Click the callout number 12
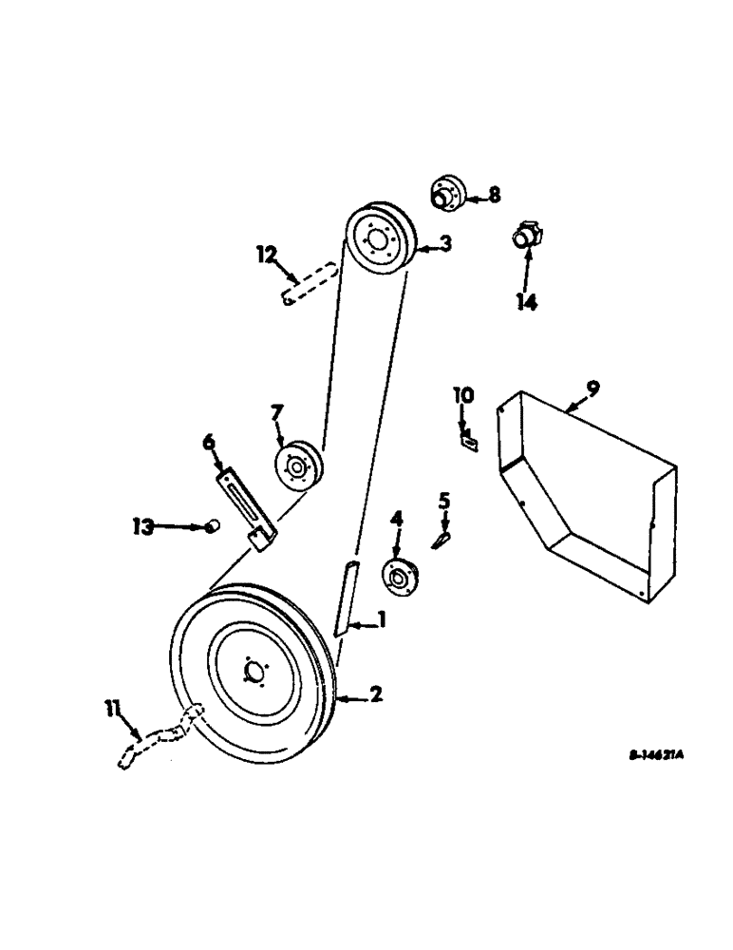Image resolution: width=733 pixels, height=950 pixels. (268, 254)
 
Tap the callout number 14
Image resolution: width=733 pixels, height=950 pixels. (527, 301)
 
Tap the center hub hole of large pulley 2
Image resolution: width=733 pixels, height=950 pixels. (253, 673)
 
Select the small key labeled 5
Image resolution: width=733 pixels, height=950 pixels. (440, 539)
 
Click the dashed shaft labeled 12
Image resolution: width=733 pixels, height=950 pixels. (310, 284)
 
